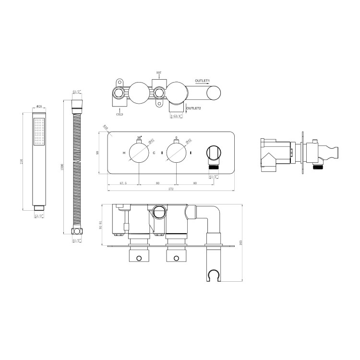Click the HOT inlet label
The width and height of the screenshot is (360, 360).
[x=159, y=73]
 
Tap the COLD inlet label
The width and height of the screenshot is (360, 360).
[x=120, y=115]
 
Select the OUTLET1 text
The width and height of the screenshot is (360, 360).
[x=203, y=80]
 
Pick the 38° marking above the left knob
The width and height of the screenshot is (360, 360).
[x=140, y=137]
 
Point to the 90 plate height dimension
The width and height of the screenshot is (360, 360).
[x=99, y=153]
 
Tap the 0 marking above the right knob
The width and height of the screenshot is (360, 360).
[x=177, y=137]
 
